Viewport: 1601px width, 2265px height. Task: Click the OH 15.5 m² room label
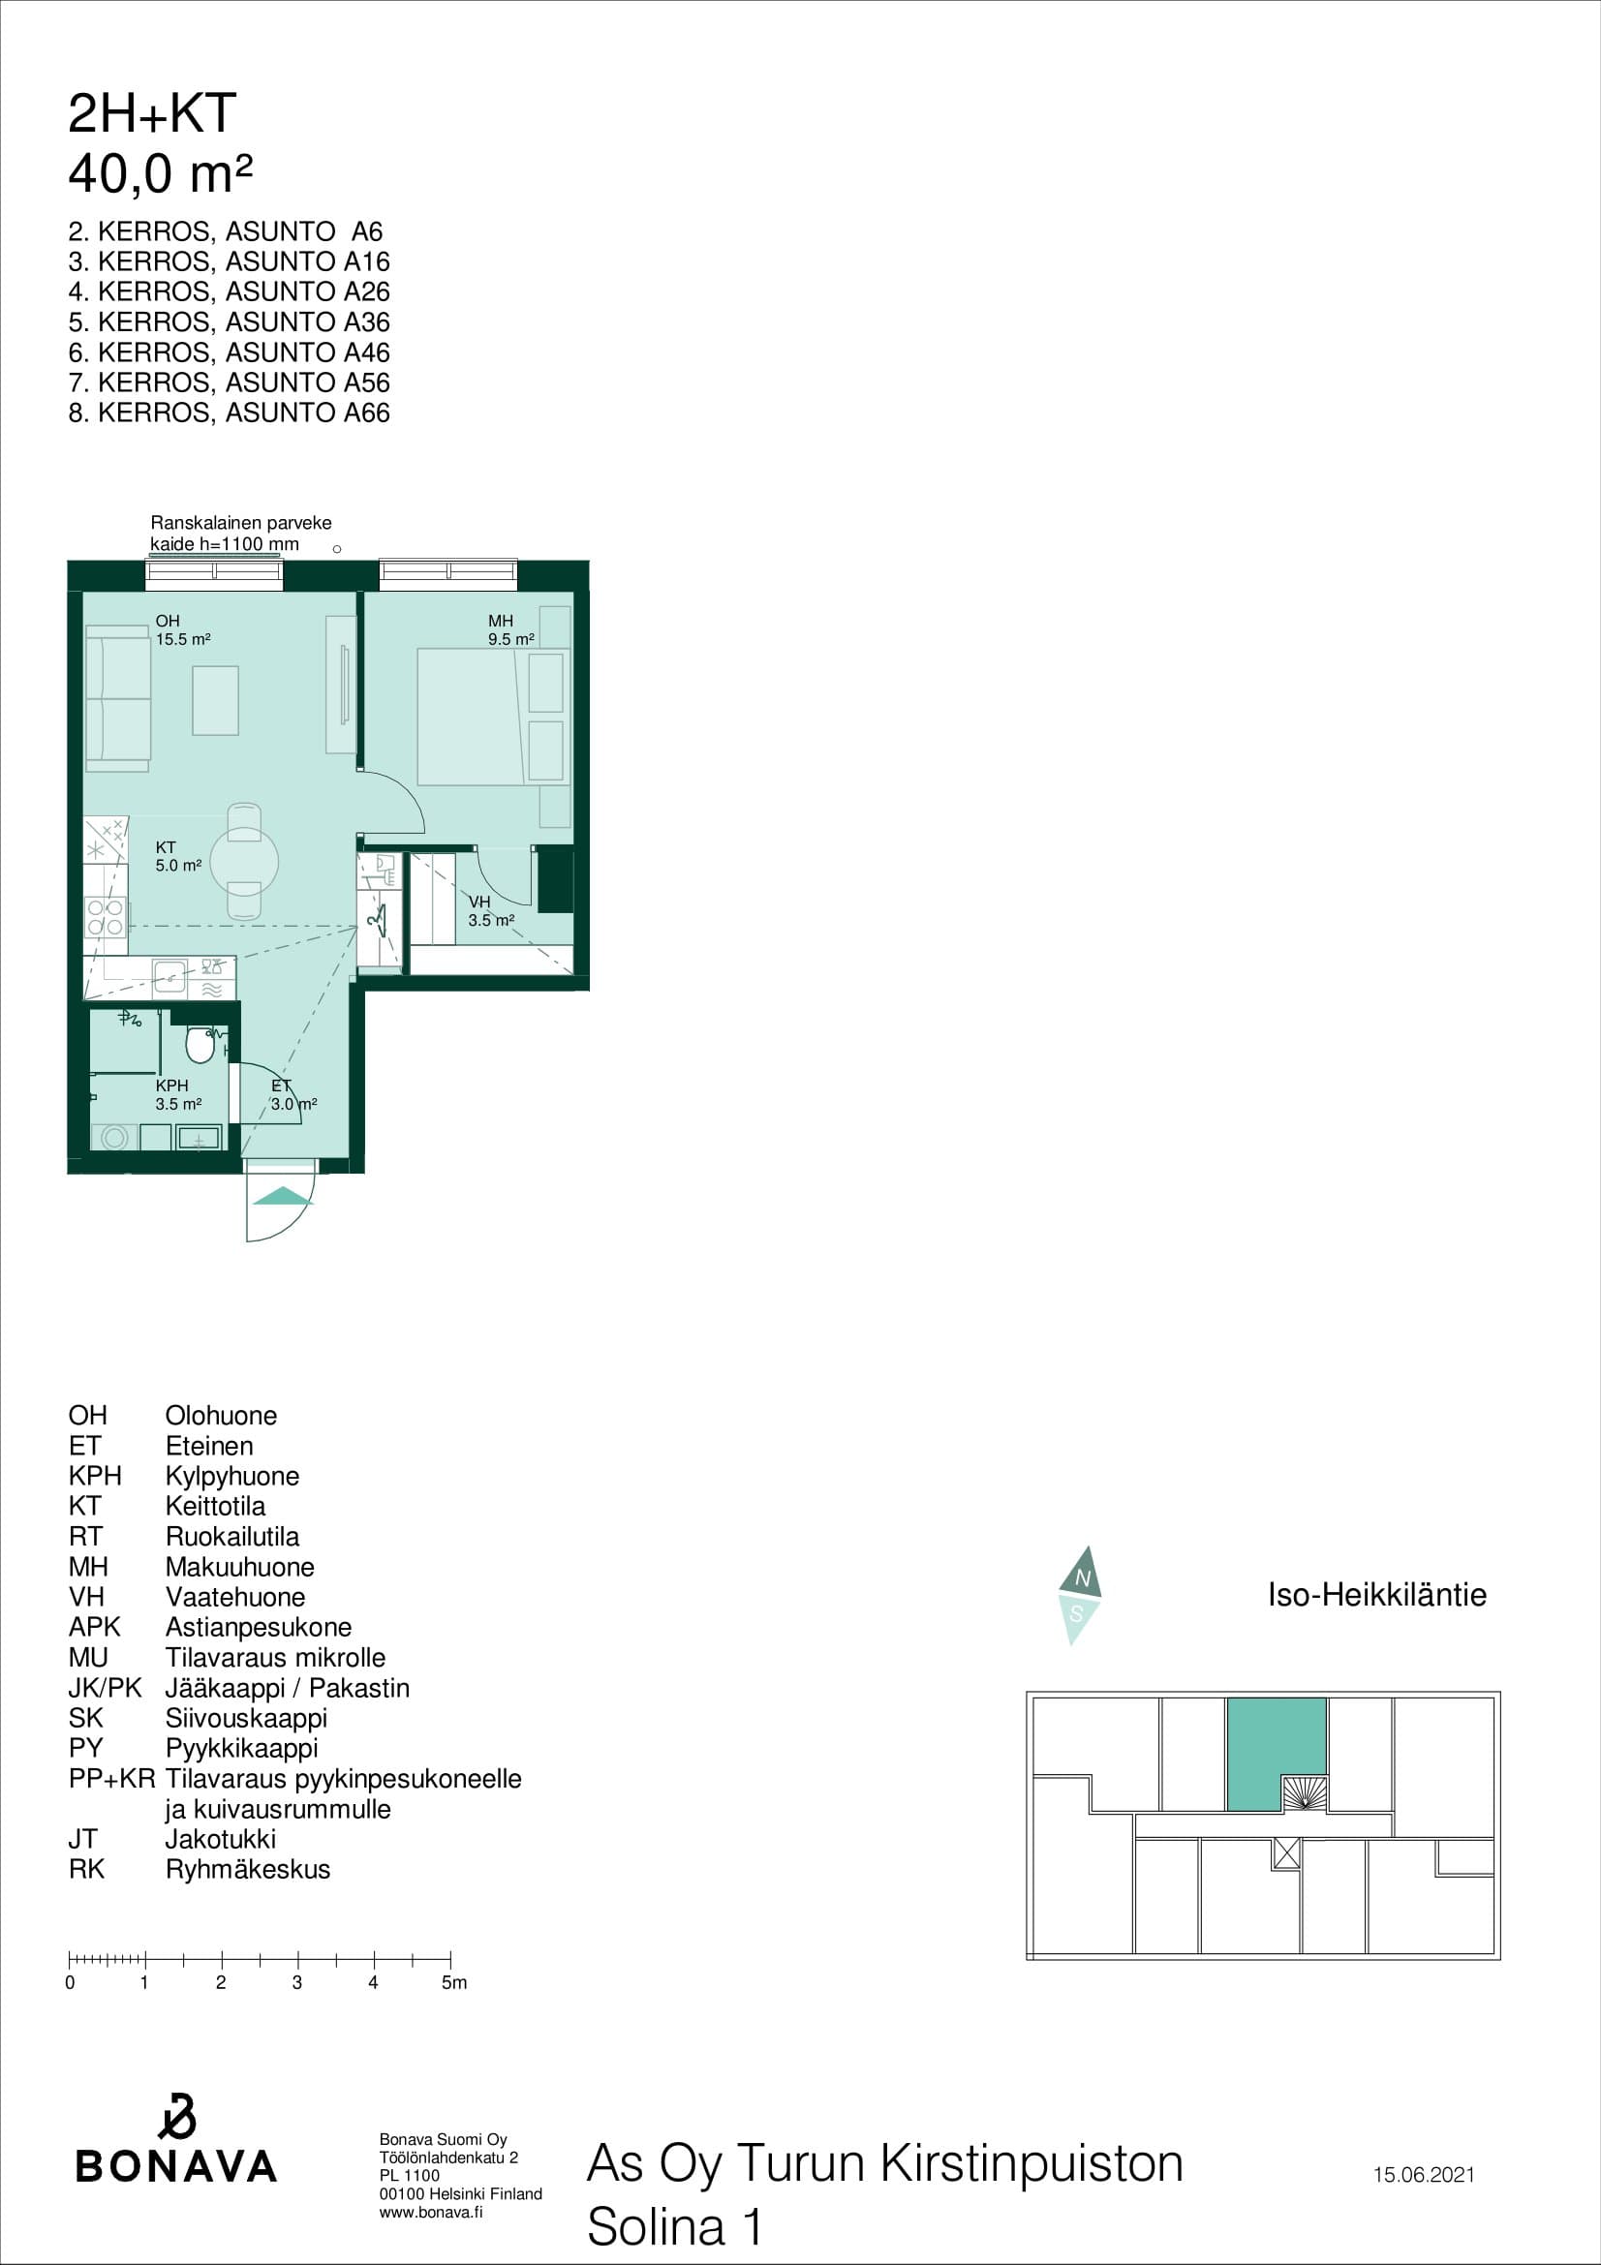click(182, 629)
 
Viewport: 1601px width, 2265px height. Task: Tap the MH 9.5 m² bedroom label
click(511, 629)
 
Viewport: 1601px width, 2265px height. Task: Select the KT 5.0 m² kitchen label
click(178, 856)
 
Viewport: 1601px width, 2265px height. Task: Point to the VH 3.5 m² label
click(490, 910)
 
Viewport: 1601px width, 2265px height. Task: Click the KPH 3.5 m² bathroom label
click(178, 1094)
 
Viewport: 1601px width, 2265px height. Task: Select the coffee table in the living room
click(215, 700)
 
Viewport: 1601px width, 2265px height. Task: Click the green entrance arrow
click(282, 1196)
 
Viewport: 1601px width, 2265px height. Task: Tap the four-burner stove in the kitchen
click(105, 916)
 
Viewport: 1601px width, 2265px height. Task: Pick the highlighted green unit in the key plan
click(1276, 1754)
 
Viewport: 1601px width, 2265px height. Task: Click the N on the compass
click(1082, 1578)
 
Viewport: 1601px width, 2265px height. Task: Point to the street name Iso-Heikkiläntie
click(1376, 1594)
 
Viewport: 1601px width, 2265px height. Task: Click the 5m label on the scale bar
click(454, 1983)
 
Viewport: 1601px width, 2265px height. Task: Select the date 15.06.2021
click(1424, 2174)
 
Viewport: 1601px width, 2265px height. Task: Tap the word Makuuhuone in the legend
click(239, 1567)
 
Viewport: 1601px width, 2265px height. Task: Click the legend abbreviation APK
click(94, 1627)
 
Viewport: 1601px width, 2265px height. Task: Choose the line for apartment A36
click(229, 321)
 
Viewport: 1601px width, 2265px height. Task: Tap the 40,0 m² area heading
click(160, 173)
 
